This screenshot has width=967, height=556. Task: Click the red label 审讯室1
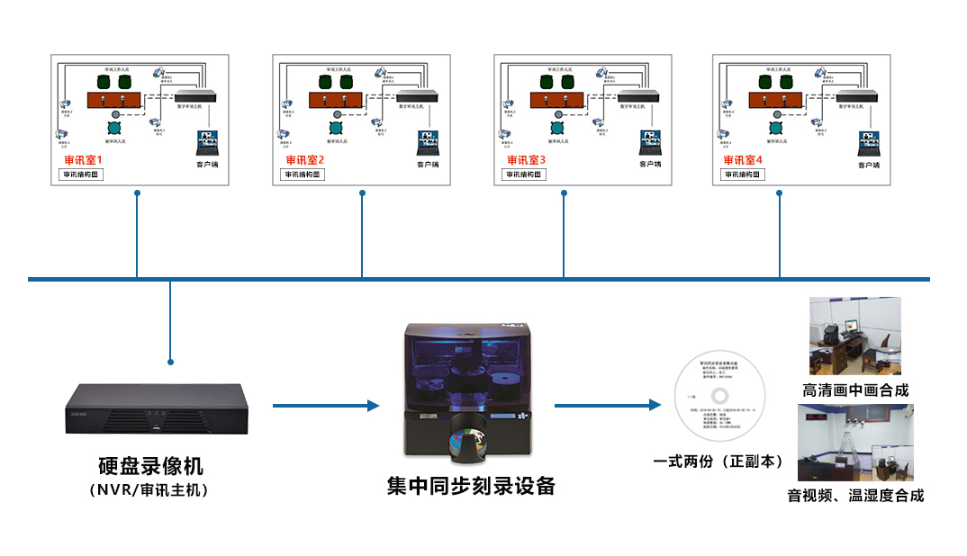84,160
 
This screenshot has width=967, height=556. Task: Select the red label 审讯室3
527,160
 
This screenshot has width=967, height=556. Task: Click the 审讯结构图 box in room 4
743,175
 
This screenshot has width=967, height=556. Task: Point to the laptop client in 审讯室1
209,143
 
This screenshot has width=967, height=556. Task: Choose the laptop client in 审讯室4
868,143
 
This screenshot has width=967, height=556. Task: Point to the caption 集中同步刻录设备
471,487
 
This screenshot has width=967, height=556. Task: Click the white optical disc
719,398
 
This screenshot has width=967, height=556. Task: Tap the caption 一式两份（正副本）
718,462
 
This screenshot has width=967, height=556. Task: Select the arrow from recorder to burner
325,406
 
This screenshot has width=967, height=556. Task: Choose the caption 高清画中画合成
855,390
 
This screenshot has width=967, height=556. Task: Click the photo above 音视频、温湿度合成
855,442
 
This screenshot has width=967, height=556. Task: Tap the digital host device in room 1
197,95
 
